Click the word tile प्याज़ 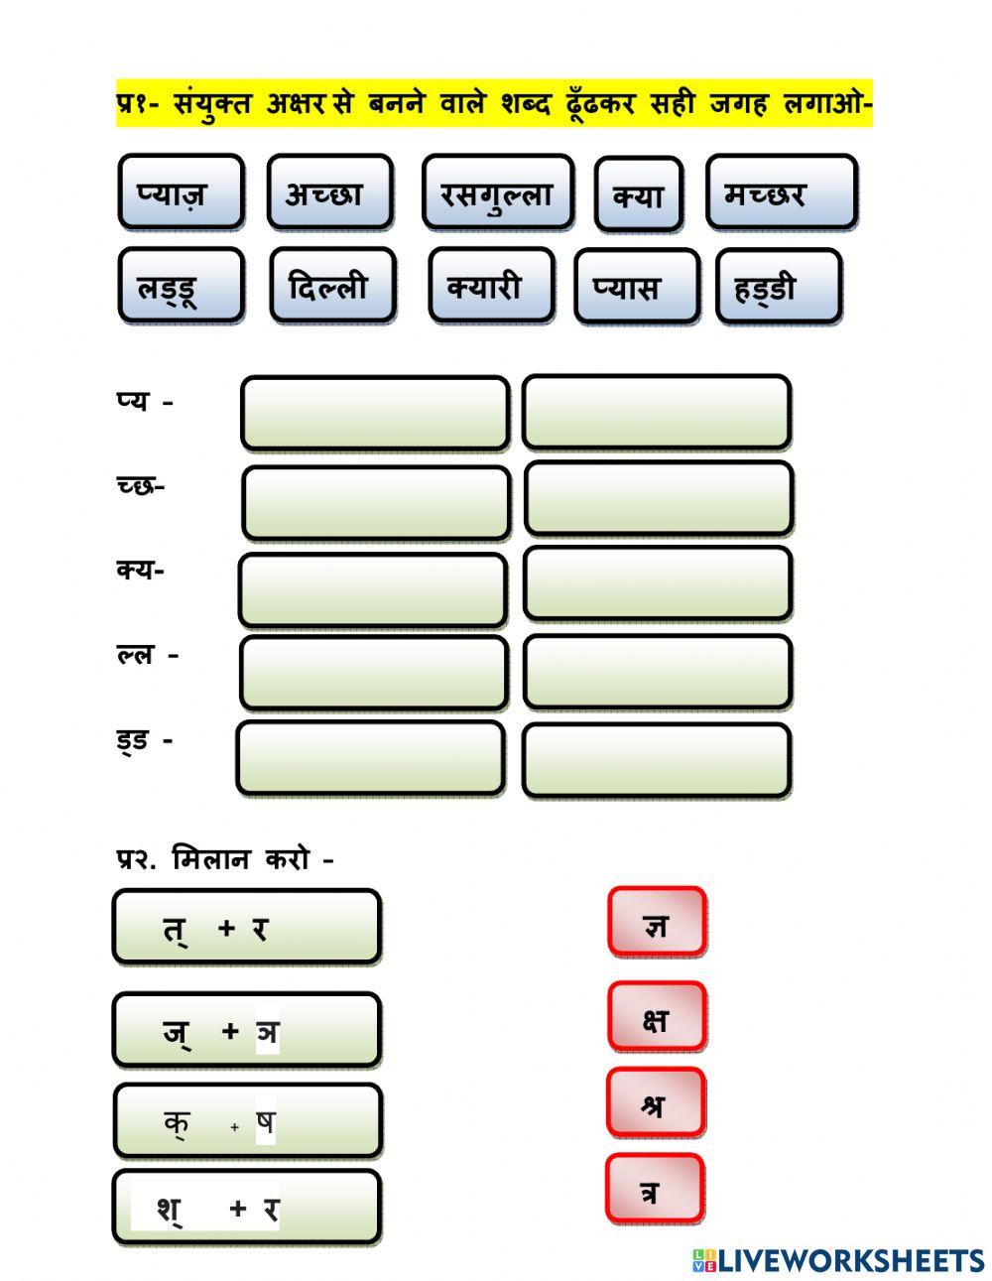pos(181,192)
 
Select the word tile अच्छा pos(330,192)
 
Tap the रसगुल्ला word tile pos(498,192)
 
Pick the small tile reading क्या pos(639,193)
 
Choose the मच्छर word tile pos(781,192)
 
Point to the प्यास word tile pos(637,287)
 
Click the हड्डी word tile pos(779,287)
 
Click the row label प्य pos(132,401)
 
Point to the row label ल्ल pos(136,654)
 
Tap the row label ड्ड pos(132,740)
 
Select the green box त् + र pos(247,928)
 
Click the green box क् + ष pos(248,1120)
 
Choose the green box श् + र pos(247,1207)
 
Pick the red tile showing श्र pos(656,1102)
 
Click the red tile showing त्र pos(655,1189)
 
